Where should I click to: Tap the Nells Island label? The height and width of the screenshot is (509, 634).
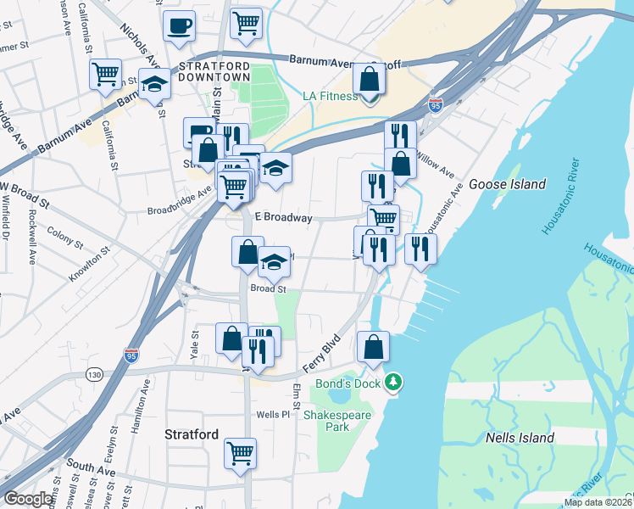(520, 439)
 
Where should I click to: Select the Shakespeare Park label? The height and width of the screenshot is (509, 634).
(326, 421)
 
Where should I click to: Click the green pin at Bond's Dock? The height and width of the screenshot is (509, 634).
(392, 383)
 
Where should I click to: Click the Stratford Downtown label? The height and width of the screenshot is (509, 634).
(214, 71)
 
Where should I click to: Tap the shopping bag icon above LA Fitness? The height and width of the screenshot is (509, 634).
(370, 79)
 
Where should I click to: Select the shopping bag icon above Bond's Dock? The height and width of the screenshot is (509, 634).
(373, 345)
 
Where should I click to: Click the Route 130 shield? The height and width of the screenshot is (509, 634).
(94, 374)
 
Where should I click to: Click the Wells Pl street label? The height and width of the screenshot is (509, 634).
(274, 415)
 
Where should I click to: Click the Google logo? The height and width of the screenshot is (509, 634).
(29, 499)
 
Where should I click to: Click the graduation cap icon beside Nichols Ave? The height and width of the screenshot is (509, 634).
(154, 85)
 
